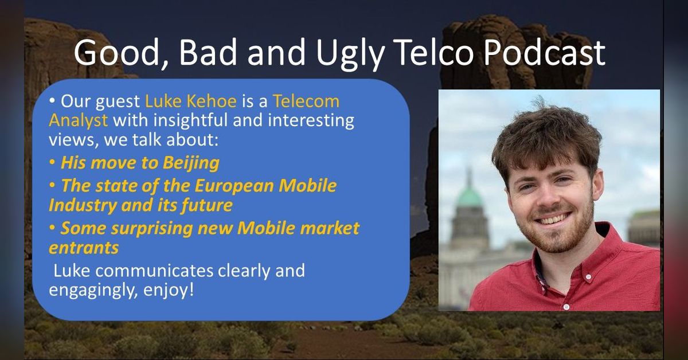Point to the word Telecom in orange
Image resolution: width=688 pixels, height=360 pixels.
pos(306,101)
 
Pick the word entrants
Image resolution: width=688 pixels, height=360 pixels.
pos(84,248)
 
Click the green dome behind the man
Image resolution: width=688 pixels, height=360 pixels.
pos(470,196)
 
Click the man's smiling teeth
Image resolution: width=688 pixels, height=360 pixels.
pos(554,219)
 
